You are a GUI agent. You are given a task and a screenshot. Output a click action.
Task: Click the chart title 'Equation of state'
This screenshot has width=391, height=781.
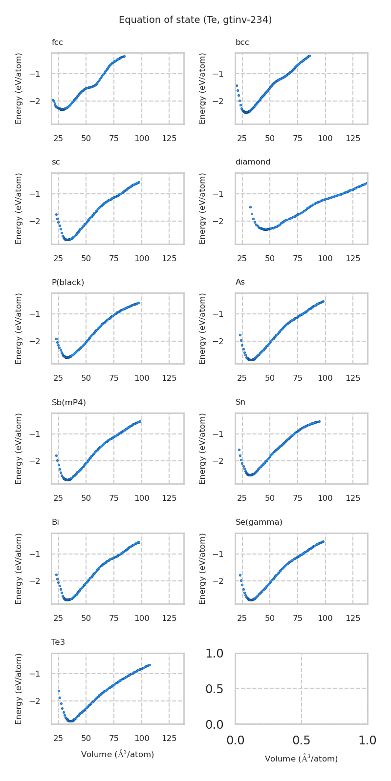tap(195, 20)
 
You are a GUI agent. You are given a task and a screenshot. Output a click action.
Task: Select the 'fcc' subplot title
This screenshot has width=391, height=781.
tap(57, 42)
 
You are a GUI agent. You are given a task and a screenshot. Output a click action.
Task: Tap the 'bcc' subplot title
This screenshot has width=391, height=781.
tap(242, 42)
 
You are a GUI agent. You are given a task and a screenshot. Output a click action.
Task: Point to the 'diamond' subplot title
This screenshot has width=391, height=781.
tap(253, 162)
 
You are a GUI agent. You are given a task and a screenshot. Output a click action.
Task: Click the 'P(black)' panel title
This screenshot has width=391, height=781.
tap(68, 282)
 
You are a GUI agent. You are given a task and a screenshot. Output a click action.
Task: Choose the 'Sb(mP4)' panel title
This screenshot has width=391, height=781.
tap(69, 402)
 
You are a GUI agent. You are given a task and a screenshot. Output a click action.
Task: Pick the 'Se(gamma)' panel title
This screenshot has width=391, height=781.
tap(259, 522)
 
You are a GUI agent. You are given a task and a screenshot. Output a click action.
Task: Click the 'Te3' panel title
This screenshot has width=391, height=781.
tap(58, 642)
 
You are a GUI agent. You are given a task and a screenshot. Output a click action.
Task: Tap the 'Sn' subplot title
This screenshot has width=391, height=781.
tap(240, 402)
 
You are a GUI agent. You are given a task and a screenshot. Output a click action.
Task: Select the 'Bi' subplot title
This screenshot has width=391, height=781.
tap(55, 522)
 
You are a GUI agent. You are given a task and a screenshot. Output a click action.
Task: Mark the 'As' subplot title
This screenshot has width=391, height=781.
tap(240, 282)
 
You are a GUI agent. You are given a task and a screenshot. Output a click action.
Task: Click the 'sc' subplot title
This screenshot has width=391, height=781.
tap(56, 162)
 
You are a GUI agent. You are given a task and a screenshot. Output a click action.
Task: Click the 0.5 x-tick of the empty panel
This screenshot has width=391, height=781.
tap(301, 740)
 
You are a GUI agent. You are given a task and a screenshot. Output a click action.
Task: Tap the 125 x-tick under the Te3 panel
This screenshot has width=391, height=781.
tap(169, 738)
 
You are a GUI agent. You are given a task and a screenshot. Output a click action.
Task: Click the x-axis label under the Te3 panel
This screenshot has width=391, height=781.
tap(117, 754)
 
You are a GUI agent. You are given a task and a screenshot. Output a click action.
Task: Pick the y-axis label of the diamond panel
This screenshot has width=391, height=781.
tap(203, 208)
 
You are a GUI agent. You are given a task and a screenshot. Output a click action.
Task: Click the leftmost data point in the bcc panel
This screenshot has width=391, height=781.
tap(237, 85)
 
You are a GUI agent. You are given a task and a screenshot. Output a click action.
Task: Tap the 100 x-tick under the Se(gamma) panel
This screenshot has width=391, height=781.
tap(325, 618)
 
